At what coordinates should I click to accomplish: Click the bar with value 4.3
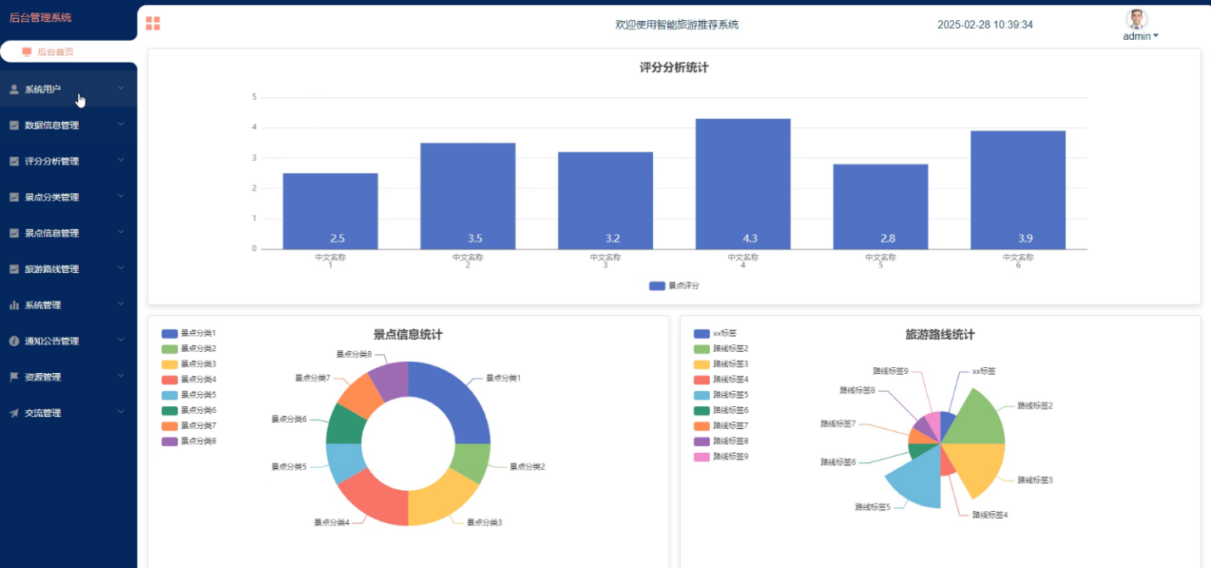[743, 184]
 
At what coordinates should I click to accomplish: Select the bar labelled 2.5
[331, 211]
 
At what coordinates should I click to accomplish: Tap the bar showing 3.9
[1018, 190]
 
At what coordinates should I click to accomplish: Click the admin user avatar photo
[1136, 19]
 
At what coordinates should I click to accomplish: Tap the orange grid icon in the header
[153, 23]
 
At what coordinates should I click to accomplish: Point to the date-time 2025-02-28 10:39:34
[985, 25]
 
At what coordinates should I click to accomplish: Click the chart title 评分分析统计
[673, 68]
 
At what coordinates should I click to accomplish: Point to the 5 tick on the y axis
[254, 97]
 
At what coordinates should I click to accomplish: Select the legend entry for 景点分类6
[189, 410]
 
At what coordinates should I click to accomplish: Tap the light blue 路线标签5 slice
[919, 481]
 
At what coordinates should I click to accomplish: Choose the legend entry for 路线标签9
[721, 457]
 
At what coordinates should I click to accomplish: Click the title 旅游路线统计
[940, 335]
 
